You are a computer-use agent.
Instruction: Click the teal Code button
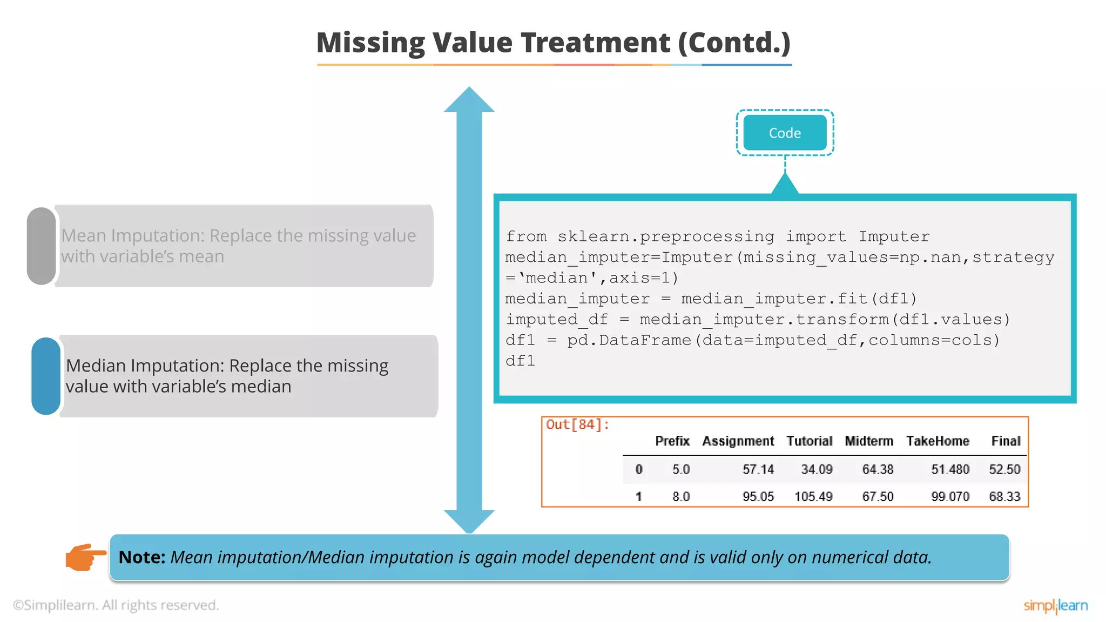[785, 133]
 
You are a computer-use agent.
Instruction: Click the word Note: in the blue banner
[141, 557]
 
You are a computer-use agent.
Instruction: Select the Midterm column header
[868, 441]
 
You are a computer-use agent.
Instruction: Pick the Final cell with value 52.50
[1004, 469]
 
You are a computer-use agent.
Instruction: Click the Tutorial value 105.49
[813, 496]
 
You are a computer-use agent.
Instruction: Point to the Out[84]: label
[577, 425]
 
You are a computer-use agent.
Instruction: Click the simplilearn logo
[1055, 606]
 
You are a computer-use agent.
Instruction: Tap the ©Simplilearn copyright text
[116, 605]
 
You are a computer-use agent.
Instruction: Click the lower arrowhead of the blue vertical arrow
[469, 520]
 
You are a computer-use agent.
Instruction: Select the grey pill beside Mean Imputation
[42, 246]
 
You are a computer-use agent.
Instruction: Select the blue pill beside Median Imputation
[46, 376]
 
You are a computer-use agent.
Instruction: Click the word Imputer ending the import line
[894, 236]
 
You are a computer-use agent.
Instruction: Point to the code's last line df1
[520, 361]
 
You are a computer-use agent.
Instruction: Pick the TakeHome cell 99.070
[950, 496]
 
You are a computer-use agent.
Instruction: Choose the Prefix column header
[672, 441]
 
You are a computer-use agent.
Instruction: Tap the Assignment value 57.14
[758, 469]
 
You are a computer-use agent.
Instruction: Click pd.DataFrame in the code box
[629, 340]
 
